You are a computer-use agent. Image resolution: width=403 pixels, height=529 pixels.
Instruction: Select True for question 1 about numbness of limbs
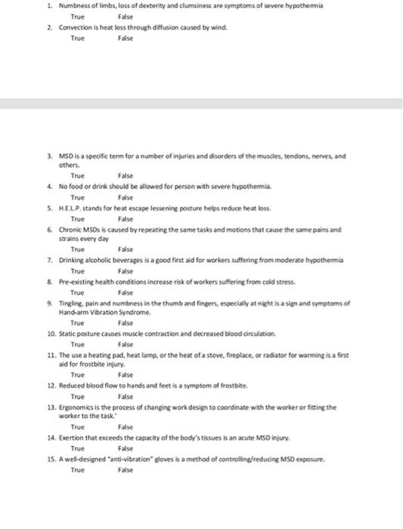[x=78, y=15]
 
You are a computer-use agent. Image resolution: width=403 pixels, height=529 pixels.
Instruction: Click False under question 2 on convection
[x=126, y=37]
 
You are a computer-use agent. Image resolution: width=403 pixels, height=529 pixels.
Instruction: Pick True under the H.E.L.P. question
[x=78, y=217]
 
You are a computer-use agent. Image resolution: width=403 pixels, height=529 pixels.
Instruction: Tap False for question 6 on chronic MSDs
[x=126, y=248]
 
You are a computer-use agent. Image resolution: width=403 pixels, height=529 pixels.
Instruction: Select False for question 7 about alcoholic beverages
[x=126, y=270]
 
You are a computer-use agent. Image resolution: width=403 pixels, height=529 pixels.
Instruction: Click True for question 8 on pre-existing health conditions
[x=78, y=291]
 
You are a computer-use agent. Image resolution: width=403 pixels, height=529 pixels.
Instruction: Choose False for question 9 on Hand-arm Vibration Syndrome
[x=126, y=322]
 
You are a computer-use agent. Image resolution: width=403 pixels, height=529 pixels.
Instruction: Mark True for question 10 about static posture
[x=78, y=344]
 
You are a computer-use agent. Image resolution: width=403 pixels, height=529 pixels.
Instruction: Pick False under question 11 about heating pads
[x=126, y=374]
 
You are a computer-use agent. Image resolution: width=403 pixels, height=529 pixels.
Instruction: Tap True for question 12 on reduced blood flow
[x=78, y=396]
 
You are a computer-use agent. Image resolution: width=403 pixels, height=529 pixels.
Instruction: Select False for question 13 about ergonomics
[x=126, y=426]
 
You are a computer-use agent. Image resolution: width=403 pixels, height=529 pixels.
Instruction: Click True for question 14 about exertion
[x=78, y=448]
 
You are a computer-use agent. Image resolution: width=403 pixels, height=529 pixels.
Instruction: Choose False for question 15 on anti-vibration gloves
[x=126, y=469]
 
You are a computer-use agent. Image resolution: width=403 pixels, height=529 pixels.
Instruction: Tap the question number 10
[x=51, y=333]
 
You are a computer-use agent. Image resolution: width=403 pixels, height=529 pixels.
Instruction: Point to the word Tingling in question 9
[x=71, y=302]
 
